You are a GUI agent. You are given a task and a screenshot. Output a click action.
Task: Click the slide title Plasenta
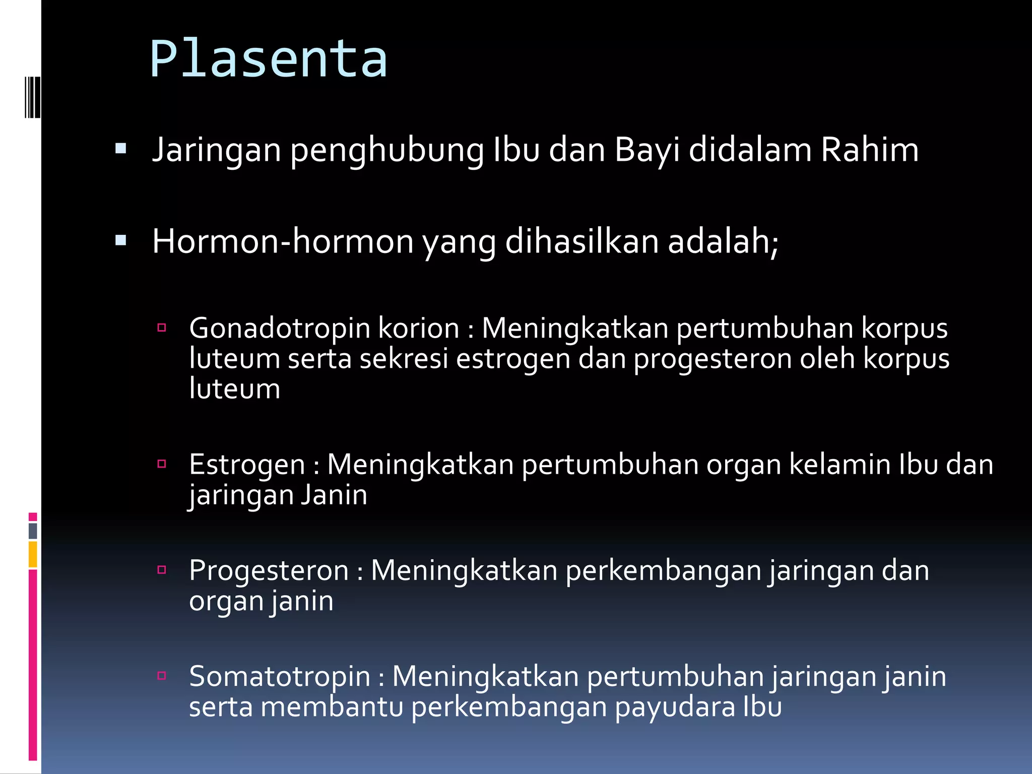tap(269, 59)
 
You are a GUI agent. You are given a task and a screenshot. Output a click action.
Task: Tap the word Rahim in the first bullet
tap(870, 150)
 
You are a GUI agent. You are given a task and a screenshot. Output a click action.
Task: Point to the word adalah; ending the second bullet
tap(723, 241)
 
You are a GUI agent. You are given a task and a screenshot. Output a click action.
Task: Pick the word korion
tap(419, 328)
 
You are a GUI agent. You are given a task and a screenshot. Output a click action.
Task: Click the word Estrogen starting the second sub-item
tap(247, 465)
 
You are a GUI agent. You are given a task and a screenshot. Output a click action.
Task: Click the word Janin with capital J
tap(334, 495)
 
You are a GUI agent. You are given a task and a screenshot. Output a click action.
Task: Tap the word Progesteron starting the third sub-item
tap(269, 571)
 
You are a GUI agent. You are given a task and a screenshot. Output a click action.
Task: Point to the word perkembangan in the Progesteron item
tap(663, 571)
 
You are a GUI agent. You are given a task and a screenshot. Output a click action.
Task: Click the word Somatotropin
tap(280, 676)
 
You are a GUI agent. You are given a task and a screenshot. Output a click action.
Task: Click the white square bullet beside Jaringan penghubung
tap(120, 149)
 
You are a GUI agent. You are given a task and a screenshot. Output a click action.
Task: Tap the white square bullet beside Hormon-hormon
tap(120, 240)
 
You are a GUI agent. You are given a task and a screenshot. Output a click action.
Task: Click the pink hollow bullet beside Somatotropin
tap(162, 676)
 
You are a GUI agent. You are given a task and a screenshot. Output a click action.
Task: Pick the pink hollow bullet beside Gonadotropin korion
tap(162, 328)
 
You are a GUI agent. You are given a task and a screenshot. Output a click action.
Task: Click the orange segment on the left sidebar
tap(33, 554)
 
